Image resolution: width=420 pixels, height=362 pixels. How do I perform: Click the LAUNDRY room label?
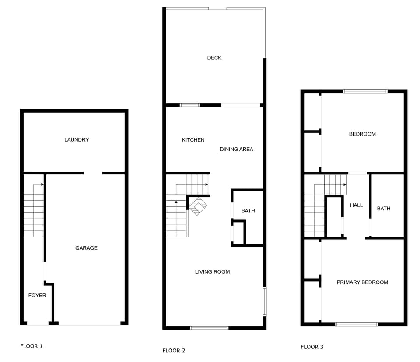point(77,140)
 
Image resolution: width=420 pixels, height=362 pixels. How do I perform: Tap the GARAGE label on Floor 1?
point(86,248)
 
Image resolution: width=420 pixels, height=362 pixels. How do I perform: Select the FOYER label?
point(37,296)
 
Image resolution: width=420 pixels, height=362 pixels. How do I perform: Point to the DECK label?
point(214,58)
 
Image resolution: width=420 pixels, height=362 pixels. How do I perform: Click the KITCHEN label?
point(193,140)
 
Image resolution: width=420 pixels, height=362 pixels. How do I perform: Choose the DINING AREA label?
point(236,150)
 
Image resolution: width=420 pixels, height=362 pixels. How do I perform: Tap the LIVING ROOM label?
point(212,272)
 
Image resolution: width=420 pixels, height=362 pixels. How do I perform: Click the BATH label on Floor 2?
point(248,211)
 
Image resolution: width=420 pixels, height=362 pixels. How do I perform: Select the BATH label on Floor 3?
point(384,209)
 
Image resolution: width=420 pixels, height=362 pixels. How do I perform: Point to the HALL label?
point(357,205)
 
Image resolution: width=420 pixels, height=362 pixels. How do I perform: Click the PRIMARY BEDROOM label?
point(362,282)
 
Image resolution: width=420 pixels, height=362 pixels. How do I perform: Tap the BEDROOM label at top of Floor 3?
point(362,134)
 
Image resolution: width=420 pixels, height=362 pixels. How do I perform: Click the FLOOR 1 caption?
point(31,346)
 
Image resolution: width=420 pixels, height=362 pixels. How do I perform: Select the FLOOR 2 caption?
point(174,351)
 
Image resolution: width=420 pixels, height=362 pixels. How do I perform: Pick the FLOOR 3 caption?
point(312,347)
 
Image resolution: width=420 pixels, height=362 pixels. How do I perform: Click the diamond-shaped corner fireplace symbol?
point(198,206)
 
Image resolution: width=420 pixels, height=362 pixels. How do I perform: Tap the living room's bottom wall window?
point(209,327)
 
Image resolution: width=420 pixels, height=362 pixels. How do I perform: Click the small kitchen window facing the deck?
point(190,105)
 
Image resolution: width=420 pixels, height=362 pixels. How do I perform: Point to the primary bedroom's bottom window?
point(357,324)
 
